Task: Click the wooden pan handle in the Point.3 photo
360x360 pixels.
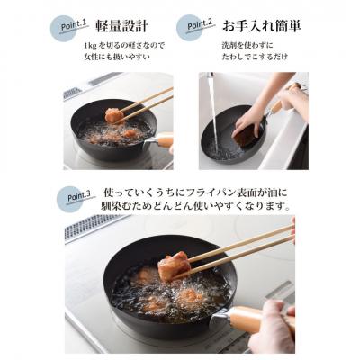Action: [x=260, y=317]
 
